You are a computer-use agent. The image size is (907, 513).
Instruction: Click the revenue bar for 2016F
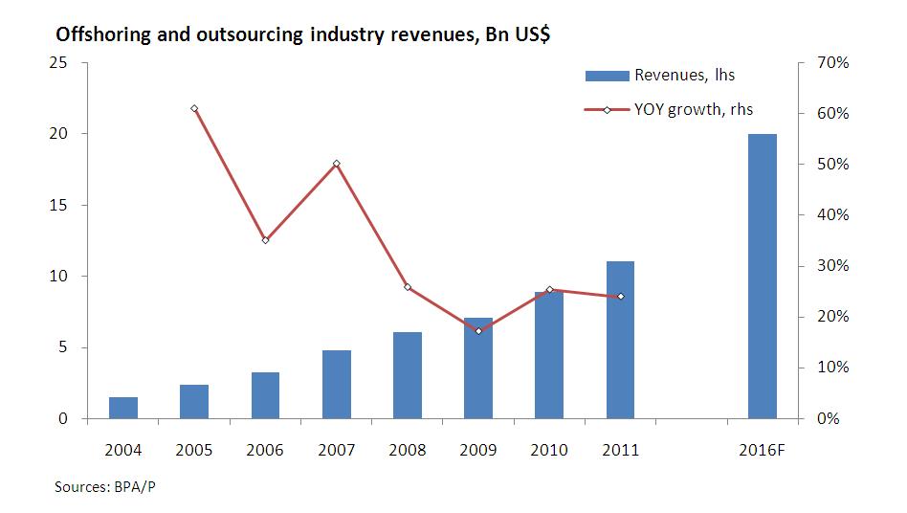tap(762, 276)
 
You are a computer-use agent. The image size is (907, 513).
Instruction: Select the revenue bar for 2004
tap(123, 408)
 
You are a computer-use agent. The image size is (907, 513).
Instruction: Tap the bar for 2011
tap(620, 340)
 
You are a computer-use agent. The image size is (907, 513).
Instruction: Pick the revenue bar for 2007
tap(337, 384)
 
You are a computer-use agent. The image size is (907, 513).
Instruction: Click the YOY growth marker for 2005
tap(194, 108)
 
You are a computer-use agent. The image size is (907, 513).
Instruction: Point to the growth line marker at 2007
tap(337, 164)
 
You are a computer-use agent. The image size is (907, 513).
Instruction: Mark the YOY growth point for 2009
tap(478, 331)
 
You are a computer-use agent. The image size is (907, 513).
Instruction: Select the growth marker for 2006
tap(265, 239)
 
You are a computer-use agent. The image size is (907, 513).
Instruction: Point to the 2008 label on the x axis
tap(407, 450)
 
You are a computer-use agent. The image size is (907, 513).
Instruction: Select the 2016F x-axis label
tap(763, 450)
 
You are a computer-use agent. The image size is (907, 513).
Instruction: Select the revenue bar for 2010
tap(549, 355)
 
